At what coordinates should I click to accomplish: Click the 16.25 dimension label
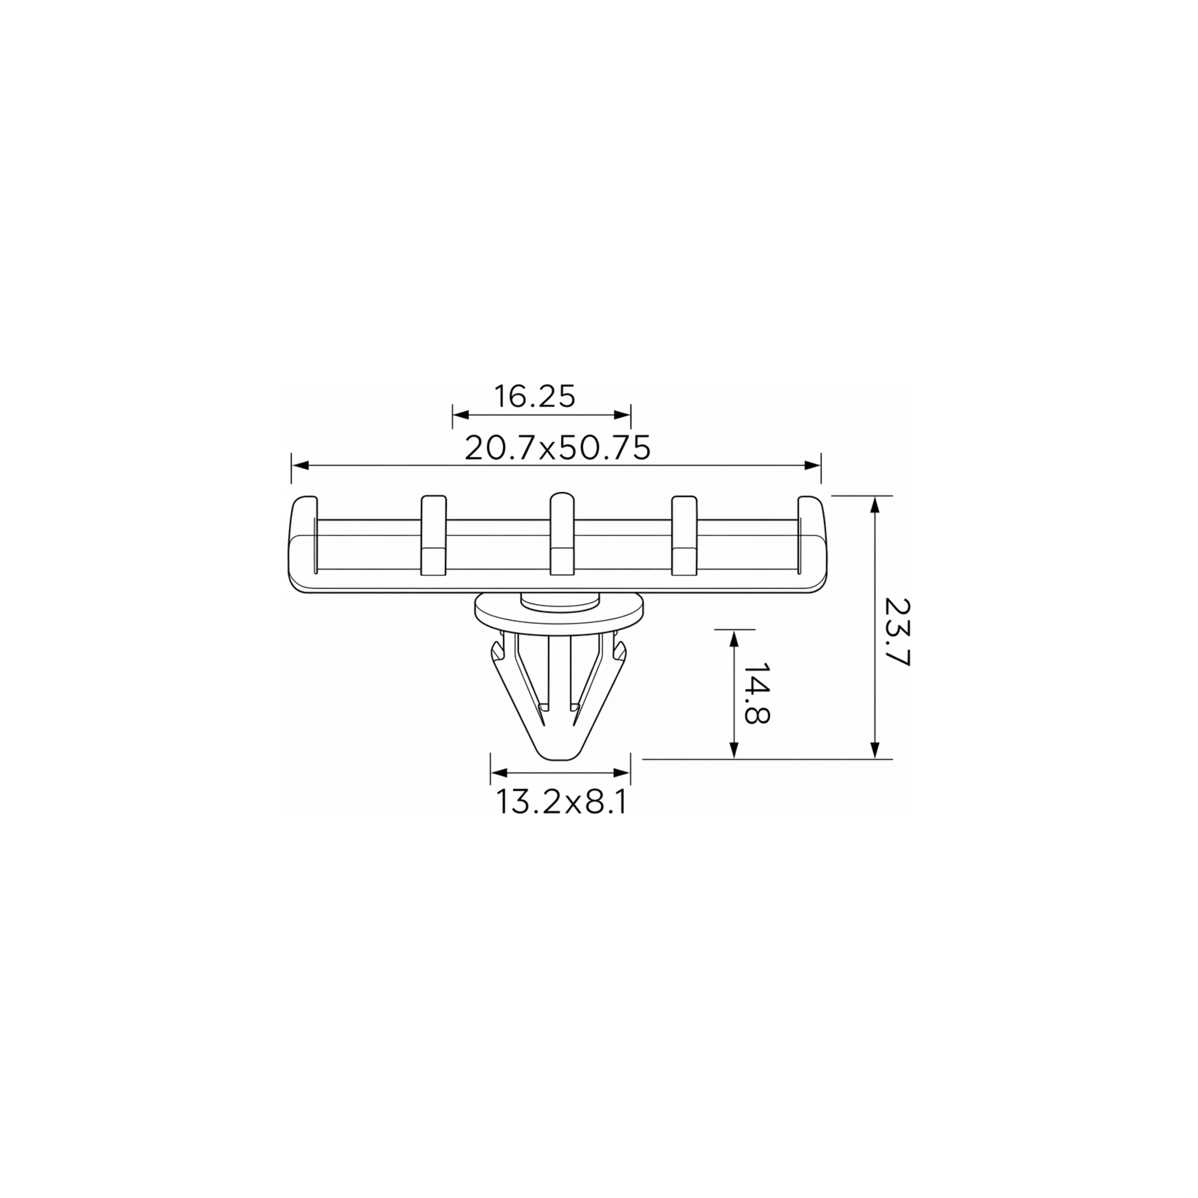[534, 396]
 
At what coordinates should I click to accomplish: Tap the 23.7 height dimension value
[897, 632]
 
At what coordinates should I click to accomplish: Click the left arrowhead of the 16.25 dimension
[461, 415]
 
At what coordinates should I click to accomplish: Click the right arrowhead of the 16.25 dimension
[622, 415]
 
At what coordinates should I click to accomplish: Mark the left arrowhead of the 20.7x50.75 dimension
[300, 465]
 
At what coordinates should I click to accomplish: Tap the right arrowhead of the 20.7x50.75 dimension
[812, 465]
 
